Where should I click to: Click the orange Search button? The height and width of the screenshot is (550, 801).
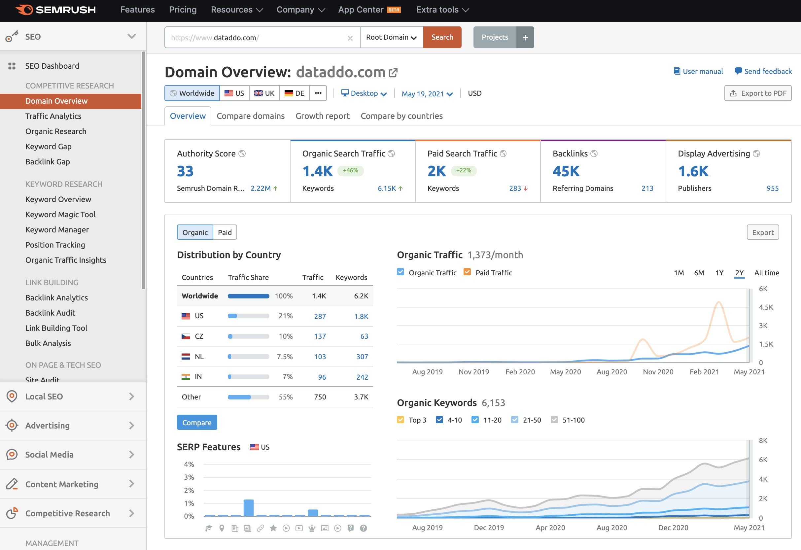442,37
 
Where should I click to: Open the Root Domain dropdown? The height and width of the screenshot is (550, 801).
391,37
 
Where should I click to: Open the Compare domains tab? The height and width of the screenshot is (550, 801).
251,116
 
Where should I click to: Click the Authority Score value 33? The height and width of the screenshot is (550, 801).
185,171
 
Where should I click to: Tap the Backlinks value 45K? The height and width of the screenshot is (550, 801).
566,171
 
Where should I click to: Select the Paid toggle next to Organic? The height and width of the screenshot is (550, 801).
225,233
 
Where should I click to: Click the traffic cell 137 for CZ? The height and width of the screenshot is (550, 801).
320,336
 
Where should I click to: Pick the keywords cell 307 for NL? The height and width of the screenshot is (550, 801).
362,357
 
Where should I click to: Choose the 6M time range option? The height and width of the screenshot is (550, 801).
699,273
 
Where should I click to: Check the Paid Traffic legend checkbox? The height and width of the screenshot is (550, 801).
467,272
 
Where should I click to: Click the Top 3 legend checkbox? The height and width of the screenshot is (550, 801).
400,420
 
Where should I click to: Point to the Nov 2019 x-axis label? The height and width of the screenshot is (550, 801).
473,372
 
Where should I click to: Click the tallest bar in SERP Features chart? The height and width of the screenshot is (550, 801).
249,508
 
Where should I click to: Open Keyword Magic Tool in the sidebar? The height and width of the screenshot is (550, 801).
60,215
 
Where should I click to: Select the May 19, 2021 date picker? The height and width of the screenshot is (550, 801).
427,94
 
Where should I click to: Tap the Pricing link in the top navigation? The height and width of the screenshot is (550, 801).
183,10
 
